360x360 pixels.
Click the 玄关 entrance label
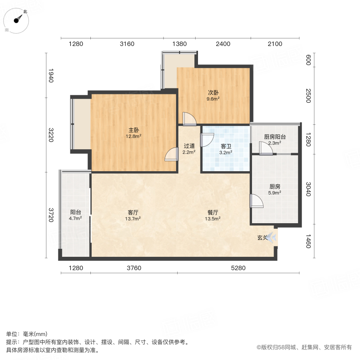(x=262, y=238)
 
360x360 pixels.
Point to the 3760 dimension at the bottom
(x=134, y=268)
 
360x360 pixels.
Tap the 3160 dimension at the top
(x=127, y=44)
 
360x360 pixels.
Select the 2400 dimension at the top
(x=223, y=44)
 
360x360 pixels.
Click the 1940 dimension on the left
(x=50, y=76)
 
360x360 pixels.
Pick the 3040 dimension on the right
(x=308, y=189)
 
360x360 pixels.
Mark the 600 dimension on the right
(x=308, y=60)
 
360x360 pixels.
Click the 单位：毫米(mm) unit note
(x=27, y=334)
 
